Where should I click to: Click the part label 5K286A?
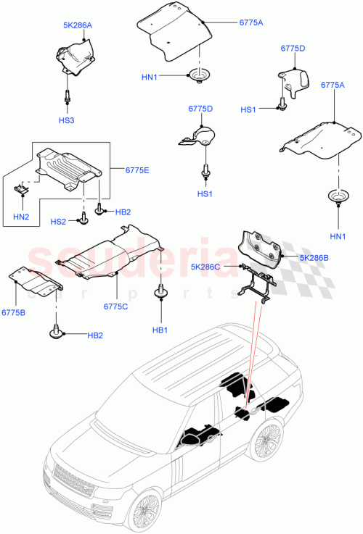tap(77, 25)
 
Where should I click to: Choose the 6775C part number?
tap(115, 306)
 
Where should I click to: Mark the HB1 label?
tap(160, 330)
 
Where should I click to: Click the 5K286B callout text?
tap(314, 257)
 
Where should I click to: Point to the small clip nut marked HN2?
tap(22, 189)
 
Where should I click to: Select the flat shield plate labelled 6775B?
tap(33, 282)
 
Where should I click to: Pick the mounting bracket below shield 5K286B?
tap(256, 283)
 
